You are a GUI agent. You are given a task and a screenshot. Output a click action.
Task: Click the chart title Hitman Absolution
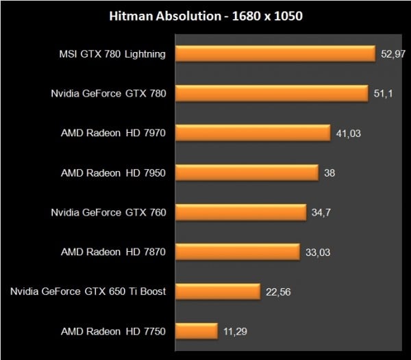(x=206, y=16)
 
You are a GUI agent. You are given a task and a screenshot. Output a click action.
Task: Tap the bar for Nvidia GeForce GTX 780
(x=272, y=93)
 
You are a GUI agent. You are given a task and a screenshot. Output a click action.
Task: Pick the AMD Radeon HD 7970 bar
(x=253, y=133)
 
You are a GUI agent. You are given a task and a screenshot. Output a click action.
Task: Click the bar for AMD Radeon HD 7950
(x=247, y=172)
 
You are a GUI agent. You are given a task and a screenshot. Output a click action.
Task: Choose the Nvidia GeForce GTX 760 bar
(x=240, y=212)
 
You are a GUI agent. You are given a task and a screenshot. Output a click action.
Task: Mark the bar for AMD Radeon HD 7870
(x=237, y=252)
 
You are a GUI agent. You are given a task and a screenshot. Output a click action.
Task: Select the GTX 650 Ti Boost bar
(x=217, y=292)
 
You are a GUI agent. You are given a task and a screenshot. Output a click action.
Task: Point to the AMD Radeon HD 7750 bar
(x=196, y=331)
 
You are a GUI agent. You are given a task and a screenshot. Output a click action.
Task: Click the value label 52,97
(x=391, y=53)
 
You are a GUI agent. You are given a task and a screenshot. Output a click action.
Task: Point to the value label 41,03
(x=347, y=133)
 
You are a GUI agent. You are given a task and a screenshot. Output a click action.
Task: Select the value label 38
(x=329, y=172)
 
